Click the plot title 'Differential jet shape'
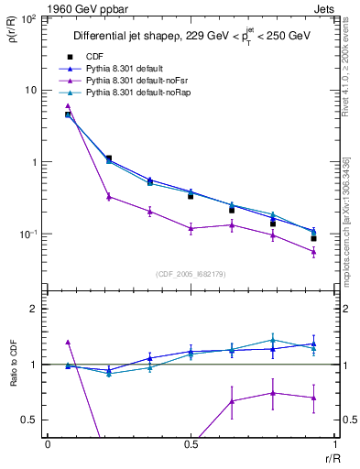pyautogui.click(x=127, y=36)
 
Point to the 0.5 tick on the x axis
pyautogui.click(x=191, y=444)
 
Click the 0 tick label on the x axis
pyautogui.click(x=48, y=444)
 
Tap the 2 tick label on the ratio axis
pyautogui.click(x=34, y=309)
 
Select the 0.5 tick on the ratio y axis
pyautogui.click(x=29, y=420)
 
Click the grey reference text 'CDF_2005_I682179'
pyautogui.click(x=190, y=272)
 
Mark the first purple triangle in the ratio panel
pyautogui.click(x=68, y=342)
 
